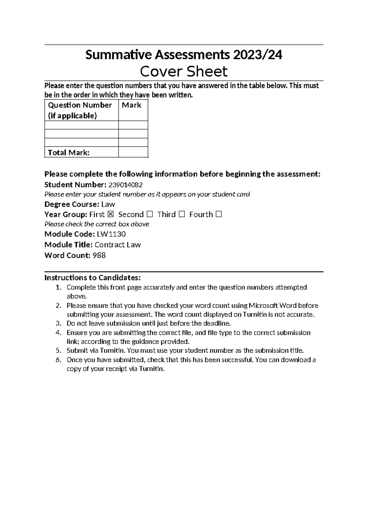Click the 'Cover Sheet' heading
coord(184,72)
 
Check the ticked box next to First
coord(111,215)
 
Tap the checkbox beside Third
coord(182,215)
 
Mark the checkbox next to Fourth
coord(218,215)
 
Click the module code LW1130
coord(111,235)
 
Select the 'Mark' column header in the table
coord(132,105)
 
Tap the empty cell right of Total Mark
coord(133,152)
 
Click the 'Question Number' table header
coord(80,105)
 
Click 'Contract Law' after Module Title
coord(118,245)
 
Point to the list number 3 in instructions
coord(59,323)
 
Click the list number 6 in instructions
coord(59,360)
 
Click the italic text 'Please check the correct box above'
coord(97,224)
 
